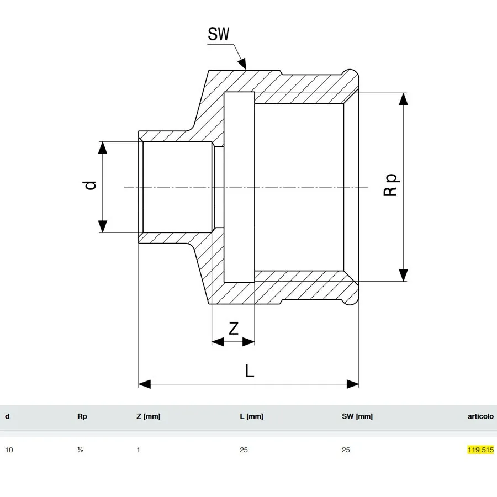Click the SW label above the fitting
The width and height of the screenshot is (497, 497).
(x=218, y=34)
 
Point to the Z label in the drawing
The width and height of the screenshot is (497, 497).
(x=233, y=329)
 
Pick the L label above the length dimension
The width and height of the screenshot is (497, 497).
(x=250, y=371)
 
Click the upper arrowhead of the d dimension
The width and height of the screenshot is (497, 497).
(x=102, y=147)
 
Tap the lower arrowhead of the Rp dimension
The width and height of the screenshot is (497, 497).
(x=403, y=275)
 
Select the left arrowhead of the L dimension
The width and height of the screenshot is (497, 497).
(x=145, y=384)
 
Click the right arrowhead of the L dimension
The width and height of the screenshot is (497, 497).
(x=353, y=384)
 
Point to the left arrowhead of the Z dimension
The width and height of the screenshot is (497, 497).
(x=218, y=342)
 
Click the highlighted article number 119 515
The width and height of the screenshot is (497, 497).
(x=480, y=450)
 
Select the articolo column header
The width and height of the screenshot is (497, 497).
(x=480, y=416)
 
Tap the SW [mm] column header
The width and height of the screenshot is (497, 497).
(x=357, y=416)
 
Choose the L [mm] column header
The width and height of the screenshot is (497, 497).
(x=251, y=416)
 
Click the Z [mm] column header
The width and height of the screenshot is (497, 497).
(x=149, y=416)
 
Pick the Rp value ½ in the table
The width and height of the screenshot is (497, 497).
(x=80, y=450)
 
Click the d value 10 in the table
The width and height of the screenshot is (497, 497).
(x=9, y=450)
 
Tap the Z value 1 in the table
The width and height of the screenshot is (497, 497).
(x=139, y=450)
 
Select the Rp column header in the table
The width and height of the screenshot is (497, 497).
(x=82, y=416)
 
